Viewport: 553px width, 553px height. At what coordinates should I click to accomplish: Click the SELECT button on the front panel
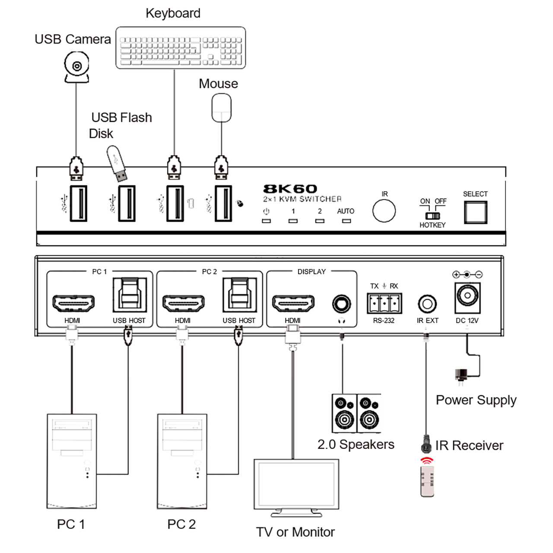coord(476,212)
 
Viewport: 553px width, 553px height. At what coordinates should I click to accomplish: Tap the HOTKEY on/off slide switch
coord(432,216)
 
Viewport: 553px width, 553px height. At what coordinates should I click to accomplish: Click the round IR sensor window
coord(384,211)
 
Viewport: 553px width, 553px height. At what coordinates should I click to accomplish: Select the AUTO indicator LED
coord(346,221)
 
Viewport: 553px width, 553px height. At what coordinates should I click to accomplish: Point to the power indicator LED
coord(266,221)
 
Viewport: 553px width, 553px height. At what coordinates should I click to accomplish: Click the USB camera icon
coord(76,67)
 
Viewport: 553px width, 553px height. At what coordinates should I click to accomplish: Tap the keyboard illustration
coord(181,48)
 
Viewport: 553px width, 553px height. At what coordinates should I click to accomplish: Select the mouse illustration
coord(221,108)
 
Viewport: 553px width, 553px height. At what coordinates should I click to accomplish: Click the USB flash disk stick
coord(117,164)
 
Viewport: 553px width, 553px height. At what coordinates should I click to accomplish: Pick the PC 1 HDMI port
coord(73,303)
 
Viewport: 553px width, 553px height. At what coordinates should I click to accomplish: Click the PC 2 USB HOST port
coord(240,295)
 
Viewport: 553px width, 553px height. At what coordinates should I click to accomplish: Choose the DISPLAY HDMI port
coord(293,303)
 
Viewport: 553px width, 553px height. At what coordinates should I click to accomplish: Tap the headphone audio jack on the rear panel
coord(341,304)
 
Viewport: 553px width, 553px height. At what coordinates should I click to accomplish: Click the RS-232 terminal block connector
coord(384,303)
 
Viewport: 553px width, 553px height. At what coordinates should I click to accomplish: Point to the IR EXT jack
coord(427,304)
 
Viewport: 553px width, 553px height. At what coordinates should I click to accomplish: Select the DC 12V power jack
coord(467,298)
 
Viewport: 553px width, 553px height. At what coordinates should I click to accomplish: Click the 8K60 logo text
coord(290,189)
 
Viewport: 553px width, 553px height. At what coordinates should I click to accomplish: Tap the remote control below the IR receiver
coord(427,481)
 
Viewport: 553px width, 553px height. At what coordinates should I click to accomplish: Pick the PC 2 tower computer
coord(182,461)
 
